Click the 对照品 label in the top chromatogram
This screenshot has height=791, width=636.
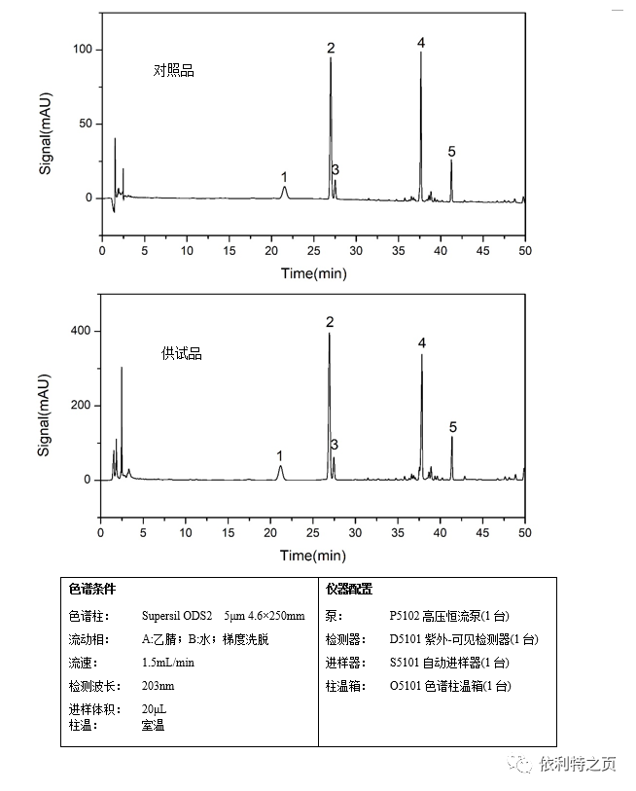174,71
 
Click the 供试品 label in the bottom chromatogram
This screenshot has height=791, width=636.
182,354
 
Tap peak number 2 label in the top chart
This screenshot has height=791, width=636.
331,48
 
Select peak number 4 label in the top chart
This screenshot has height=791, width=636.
421,43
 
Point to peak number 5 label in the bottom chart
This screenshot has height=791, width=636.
453,427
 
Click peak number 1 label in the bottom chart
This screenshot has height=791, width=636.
280,455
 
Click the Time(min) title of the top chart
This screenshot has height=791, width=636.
314,273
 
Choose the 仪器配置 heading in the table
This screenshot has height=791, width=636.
350,590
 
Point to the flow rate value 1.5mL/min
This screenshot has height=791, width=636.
168,663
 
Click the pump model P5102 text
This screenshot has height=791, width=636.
407,616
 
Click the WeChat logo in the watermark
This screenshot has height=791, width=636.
524,765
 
